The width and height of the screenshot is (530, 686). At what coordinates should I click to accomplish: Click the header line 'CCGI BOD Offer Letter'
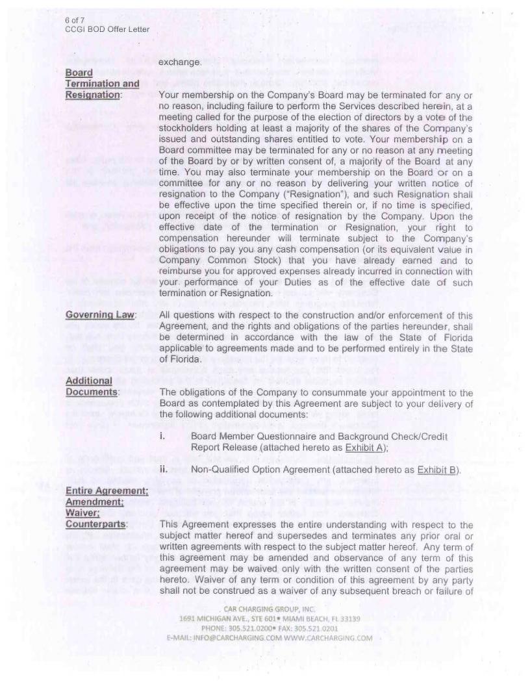(x=107, y=29)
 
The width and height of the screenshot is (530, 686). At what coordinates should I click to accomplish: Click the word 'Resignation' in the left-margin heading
(x=93, y=95)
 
